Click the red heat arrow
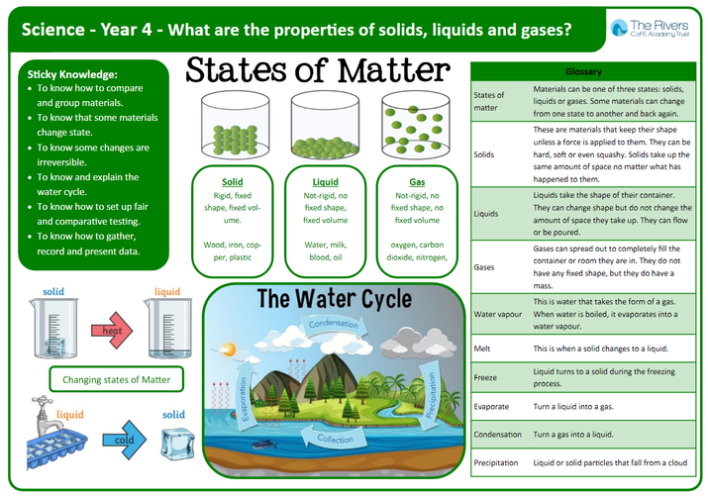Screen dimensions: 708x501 point(112,331)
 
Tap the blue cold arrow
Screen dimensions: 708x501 point(124,440)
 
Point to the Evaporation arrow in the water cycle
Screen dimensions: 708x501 point(247,395)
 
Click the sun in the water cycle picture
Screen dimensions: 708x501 point(228,350)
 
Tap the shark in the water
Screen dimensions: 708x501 point(264,445)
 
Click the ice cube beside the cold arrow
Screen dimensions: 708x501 point(178,445)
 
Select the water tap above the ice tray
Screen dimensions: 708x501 point(47,414)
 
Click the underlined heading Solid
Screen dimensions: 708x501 point(232,182)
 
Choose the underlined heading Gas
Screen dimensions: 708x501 point(417,182)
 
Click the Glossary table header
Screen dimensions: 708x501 point(583,71)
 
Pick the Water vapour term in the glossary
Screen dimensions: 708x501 point(498,314)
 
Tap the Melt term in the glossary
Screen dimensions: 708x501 point(482,349)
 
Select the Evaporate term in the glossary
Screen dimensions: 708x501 point(491,406)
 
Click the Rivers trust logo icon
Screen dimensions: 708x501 point(619,28)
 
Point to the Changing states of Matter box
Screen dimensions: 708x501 point(116,379)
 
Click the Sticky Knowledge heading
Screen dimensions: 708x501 point(72,74)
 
